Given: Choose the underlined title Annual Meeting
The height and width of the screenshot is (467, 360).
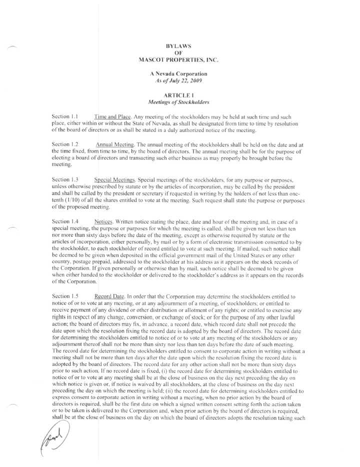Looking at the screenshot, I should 116,144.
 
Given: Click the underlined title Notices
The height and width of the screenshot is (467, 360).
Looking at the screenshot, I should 103,220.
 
